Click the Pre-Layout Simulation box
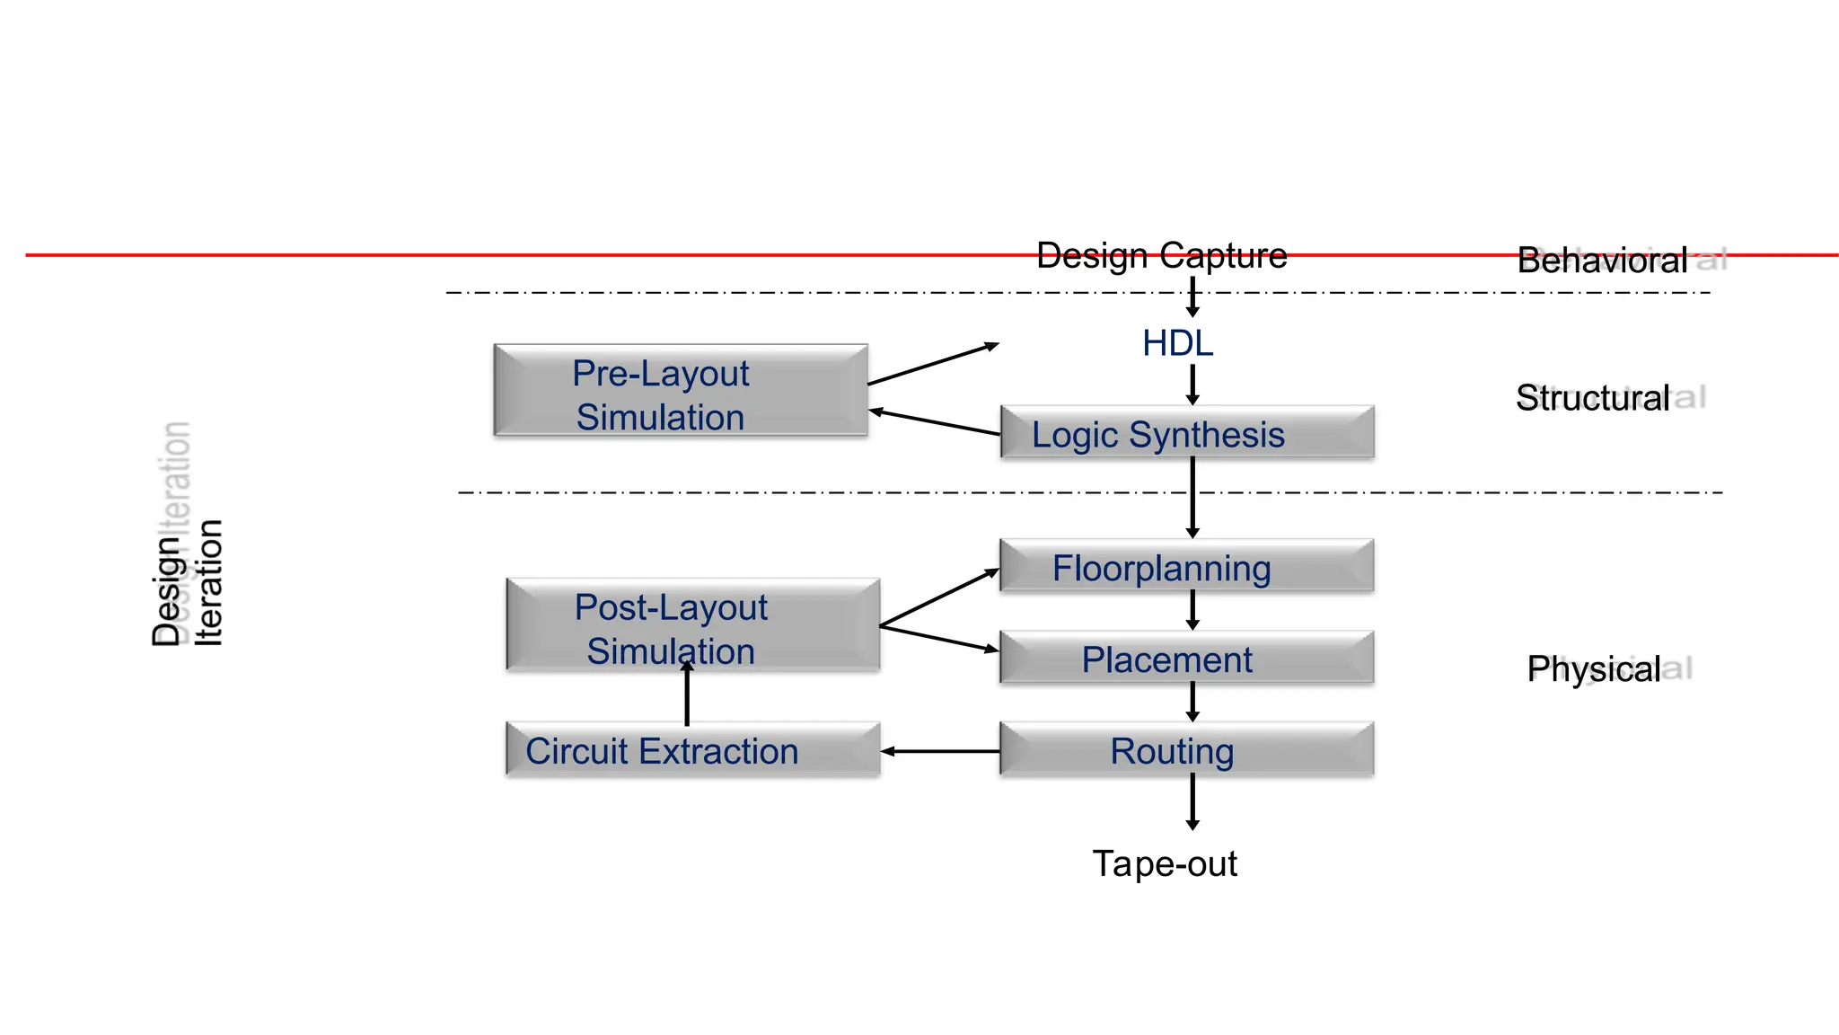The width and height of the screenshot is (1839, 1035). tap(680, 392)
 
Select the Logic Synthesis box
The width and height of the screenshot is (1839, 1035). tap(1186, 433)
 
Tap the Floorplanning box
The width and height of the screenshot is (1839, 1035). tap(1186, 566)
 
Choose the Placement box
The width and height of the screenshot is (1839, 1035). tap(1186, 659)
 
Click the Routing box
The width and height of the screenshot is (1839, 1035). tap(1186, 749)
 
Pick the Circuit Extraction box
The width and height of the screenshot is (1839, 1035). tap(692, 750)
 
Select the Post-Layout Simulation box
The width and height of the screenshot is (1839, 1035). tap(692, 626)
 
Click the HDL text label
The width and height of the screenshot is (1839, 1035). tap(1177, 343)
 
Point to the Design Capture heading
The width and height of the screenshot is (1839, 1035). tap(1161, 256)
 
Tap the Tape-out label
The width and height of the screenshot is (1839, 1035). tap(1164, 863)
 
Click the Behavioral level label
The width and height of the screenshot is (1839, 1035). tap(1602, 261)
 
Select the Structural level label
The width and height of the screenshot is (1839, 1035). tap(1592, 398)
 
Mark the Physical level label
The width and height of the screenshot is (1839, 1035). tap(1593, 669)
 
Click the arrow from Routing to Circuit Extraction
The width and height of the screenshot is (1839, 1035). tap(940, 751)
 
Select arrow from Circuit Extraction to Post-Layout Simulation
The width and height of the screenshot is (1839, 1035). tap(687, 696)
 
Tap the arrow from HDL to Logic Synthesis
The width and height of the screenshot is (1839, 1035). tap(1192, 385)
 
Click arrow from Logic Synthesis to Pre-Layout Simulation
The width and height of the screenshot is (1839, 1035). tap(934, 422)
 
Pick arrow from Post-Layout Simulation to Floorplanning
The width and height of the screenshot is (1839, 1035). tap(939, 597)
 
